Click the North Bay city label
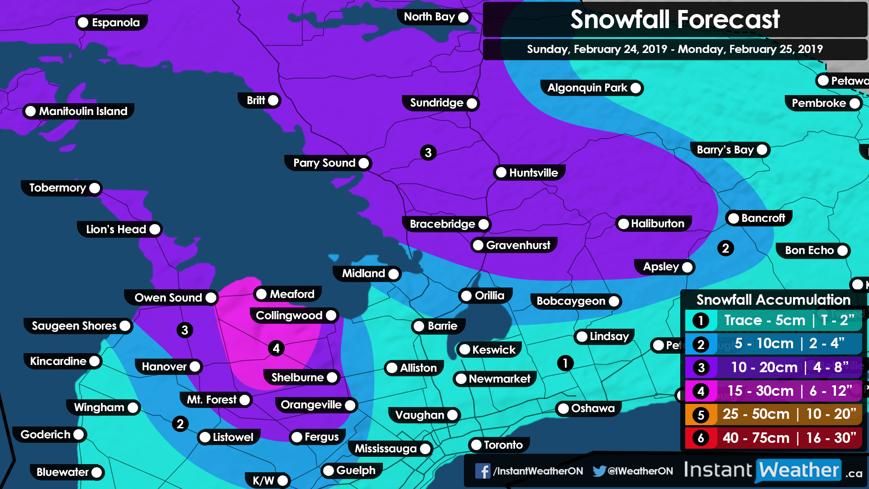click(x=429, y=17)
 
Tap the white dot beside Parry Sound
click(x=363, y=163)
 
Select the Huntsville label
click(x=533, y=173)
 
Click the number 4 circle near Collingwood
click(x=276, y=348)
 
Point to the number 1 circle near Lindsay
click(x=565, y=363)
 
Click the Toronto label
click(x=503, y=445)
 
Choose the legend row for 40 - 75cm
click(x=774, y=438)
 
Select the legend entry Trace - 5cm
click(x=774, y=320)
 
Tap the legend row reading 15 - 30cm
click(x=774, y=391)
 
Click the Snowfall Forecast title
click(x=674, y=19)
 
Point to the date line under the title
click(x=674, y=49)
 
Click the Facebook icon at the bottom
click(x=482, y=471)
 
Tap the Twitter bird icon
click(x=599, y=471)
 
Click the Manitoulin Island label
click(x=83, y=111)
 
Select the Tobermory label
click(x=57, y=188)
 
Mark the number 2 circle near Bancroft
click(x=726, y=248)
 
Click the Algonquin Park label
click(x=587, y=88)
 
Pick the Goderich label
click(x=45, y=434)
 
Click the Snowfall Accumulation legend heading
click(x=773, y=299)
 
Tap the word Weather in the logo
click(x=799, y=470)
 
